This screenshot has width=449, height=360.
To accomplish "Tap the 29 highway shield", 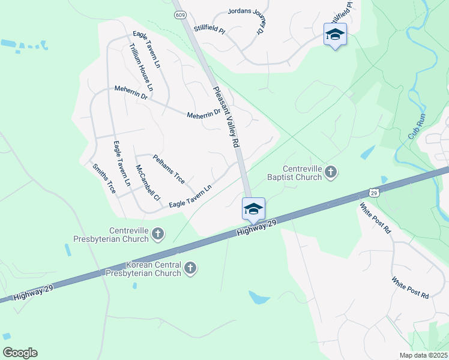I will tap(373, 192).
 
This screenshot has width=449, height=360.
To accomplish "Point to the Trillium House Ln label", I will tap(142, 68).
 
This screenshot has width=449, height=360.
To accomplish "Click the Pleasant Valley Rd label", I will tap(226, 117).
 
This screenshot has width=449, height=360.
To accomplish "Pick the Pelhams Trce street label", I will tap(169, 169).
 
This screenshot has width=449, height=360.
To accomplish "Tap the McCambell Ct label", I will tap(148, 182).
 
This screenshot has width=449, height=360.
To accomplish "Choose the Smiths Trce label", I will tap(104, 178).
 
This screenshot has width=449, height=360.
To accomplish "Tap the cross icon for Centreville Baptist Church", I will tap(331, 173).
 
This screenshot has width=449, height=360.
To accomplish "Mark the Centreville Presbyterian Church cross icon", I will tap(158, 234).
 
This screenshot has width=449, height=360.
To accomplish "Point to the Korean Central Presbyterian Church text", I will tap(152, 269).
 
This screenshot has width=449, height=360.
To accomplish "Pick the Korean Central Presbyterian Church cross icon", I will tap(190, 268).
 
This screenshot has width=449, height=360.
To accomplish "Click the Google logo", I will tap(20, 353).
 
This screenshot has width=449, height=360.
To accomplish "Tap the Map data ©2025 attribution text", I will tap(423, 355).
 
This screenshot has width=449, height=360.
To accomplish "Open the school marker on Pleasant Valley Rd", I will tap(253, 209).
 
